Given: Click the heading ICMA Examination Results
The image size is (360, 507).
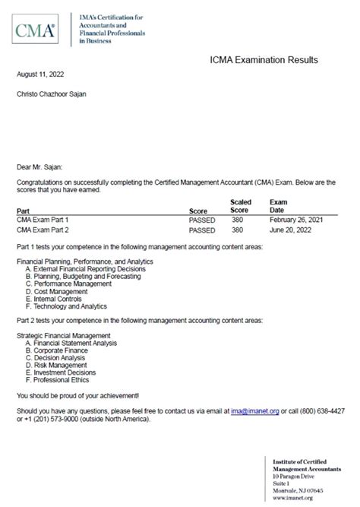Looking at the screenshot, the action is point(264,60).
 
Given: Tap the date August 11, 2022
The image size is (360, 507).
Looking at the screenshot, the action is point(40,75).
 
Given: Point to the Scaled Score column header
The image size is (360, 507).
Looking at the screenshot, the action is point(240,205).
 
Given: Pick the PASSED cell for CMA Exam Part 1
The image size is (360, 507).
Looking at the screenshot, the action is point(202,219).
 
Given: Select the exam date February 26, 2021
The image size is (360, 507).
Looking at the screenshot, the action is point(295,219).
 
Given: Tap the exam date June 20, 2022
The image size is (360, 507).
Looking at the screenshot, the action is point(289,229).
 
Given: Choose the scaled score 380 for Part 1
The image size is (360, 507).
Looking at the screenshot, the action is point(237,219).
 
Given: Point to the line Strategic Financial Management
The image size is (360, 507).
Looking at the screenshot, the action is point(63,335).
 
